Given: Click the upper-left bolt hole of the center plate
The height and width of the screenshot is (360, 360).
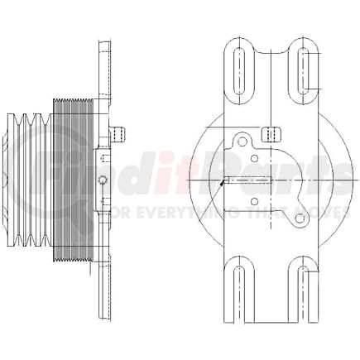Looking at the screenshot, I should click(x=242, y=142).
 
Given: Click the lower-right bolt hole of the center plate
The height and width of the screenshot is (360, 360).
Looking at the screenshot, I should click(x=300, y=218).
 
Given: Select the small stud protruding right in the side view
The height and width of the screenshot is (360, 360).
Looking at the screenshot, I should click(x=118, y=132).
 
